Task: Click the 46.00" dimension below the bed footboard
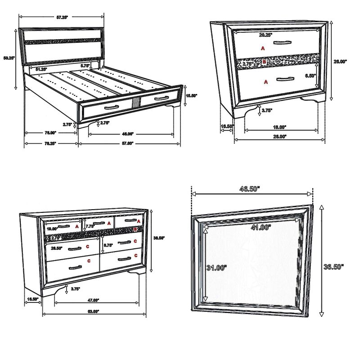[128, 134]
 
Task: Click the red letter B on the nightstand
[265, 62]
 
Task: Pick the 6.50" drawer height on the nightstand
[310, 76]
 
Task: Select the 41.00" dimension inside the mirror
[262, 228]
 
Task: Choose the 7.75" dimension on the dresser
[90, 226]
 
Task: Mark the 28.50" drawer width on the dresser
[57, 247]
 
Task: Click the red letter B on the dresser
[135, 229]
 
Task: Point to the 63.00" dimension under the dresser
[94, 311]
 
